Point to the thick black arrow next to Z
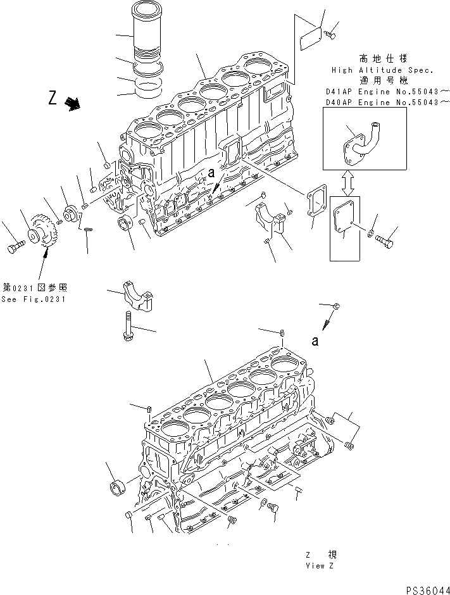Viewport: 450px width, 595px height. point(74,104)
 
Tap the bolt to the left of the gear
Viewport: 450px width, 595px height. point(16,248)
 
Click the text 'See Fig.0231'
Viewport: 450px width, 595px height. point(33,299)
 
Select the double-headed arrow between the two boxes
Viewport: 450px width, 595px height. point(347,184)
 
